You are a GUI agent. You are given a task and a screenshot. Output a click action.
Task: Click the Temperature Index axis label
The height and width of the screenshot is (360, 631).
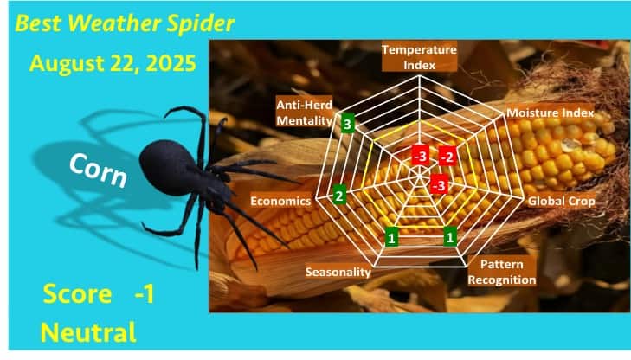[x=419, y=57]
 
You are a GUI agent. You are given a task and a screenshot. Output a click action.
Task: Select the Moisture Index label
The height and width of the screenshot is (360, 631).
[x=551, y=112]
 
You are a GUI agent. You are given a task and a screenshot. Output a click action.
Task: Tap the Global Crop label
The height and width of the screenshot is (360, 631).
[x=562, y=201]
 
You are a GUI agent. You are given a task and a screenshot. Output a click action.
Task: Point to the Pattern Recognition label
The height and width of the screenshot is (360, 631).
[x=502, y=272]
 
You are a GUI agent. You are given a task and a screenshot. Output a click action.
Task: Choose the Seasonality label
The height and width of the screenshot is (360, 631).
[x=338, y=272]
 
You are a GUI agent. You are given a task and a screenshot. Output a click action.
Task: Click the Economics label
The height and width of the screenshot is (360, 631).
[x=280, y=201]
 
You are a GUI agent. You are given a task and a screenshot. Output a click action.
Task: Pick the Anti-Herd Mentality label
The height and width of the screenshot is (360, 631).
[x=304, y=112]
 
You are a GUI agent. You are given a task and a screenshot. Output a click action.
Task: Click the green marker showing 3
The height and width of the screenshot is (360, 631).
[x=348, y=125]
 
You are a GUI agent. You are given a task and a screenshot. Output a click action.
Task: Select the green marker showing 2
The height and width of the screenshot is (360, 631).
[x=339, y=196]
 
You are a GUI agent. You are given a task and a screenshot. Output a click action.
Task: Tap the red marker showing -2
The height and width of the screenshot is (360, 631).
[x=447, y=157]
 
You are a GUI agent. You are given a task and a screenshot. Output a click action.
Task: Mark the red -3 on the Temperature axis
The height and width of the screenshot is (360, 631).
[x=420, y=156]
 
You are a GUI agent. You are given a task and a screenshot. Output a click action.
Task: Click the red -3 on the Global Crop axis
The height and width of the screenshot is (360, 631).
[x=439, y=185]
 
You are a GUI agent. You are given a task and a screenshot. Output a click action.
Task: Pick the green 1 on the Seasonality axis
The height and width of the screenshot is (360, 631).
[x=391, y=237]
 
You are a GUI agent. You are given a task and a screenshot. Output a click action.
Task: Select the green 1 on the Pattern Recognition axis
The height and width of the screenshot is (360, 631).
[x=450, y=236]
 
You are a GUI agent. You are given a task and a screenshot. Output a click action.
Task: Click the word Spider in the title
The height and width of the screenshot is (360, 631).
[x=200, y=23]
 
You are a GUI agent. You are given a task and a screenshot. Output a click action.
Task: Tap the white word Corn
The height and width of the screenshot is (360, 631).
[x=98, y=170]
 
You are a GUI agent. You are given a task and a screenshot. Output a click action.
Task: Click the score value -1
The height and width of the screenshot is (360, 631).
[x=145, y=294]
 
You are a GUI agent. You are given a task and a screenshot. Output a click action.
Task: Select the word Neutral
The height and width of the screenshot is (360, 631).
[x=88, y=333]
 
